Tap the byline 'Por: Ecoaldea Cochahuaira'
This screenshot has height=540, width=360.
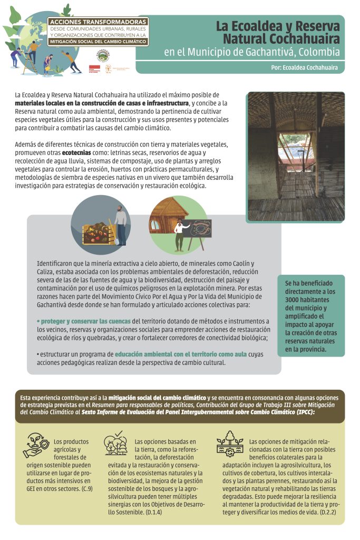pyautogui.click(x=304, y=67)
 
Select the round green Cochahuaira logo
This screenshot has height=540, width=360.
pyautogui.click(x=102, y=54)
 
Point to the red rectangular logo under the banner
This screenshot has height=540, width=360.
pyautogui.click(x=94, y=69)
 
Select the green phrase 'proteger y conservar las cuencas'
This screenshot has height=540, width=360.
pyautogui.click(x=84, y=321)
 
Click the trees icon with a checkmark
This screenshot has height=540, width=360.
pyautogui.click(x=116, y=443)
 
